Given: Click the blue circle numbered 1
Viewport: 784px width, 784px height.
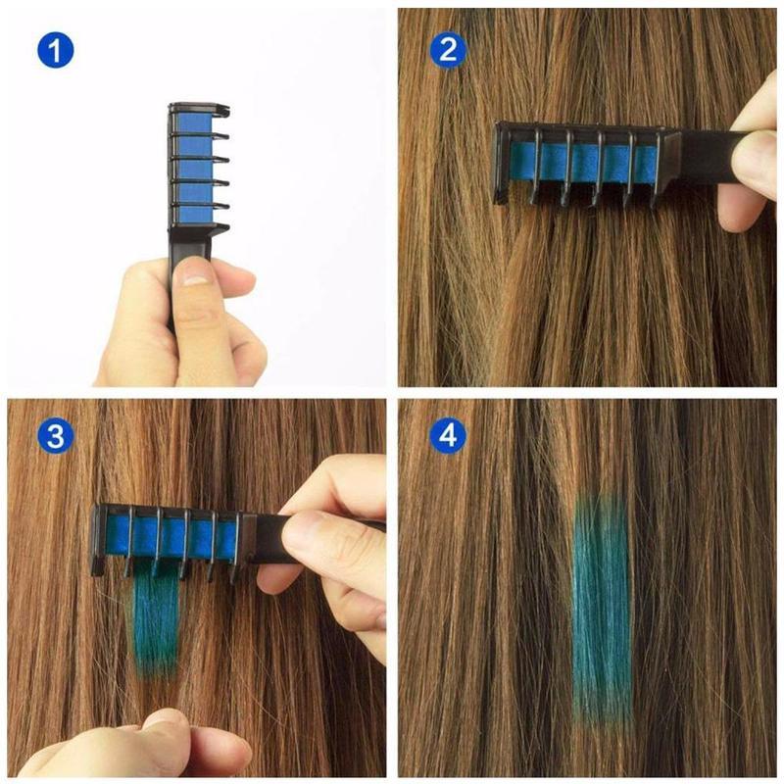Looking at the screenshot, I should coord(56,49).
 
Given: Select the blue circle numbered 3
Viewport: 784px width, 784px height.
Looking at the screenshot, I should coord(56,436).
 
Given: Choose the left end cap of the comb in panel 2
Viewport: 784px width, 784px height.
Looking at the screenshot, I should coord(500,162).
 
